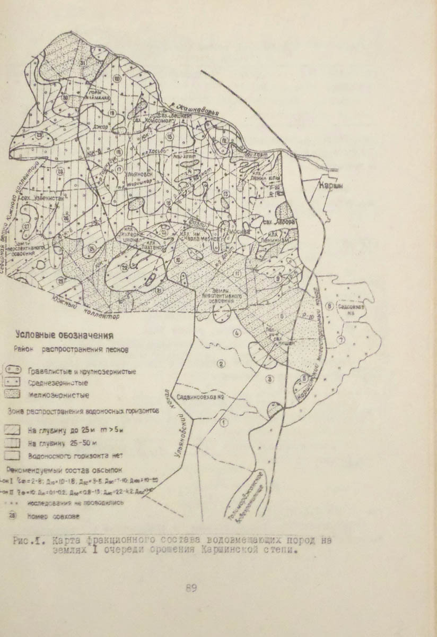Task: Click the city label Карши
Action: (332, 187)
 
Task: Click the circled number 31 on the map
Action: (82, 63)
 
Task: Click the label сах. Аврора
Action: (278, 222)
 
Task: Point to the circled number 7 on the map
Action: (342, 339)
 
